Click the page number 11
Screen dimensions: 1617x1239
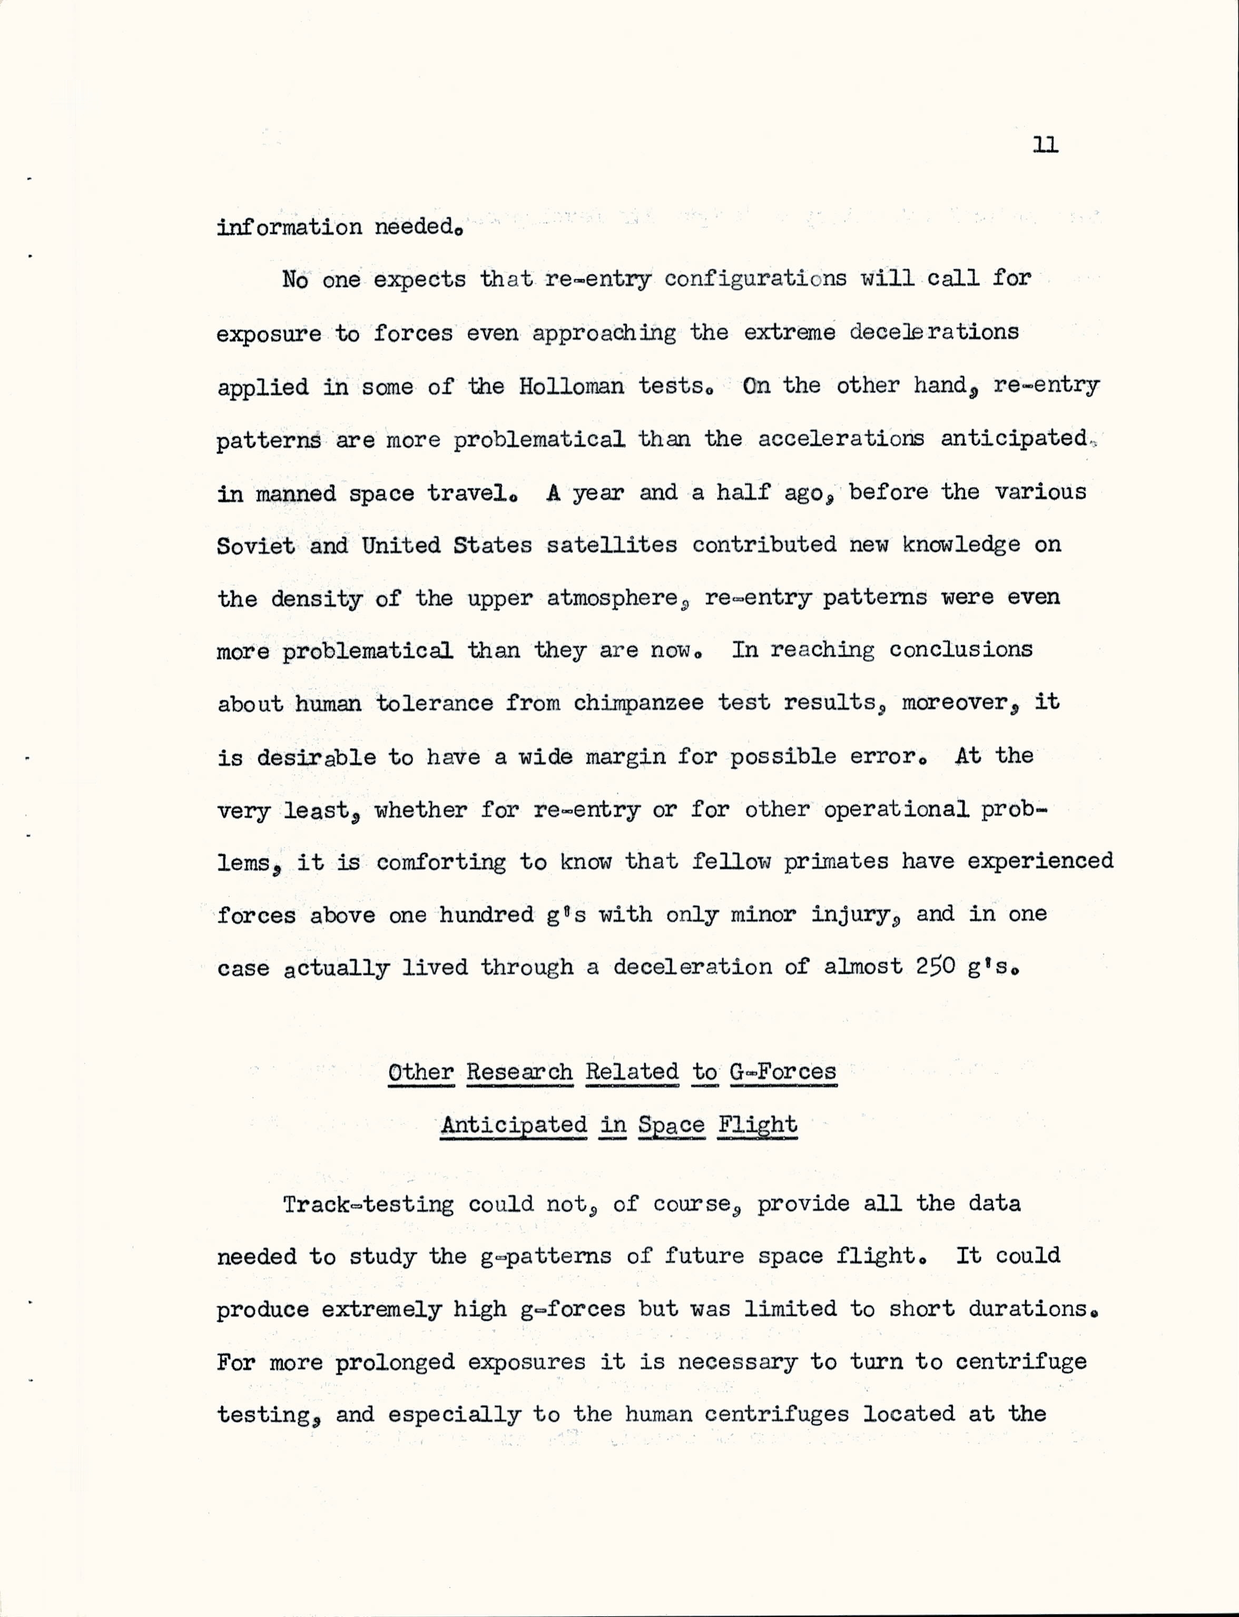point(1045,145)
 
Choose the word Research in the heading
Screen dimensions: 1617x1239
point(519,1072)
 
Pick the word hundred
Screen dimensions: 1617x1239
point(486,915)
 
